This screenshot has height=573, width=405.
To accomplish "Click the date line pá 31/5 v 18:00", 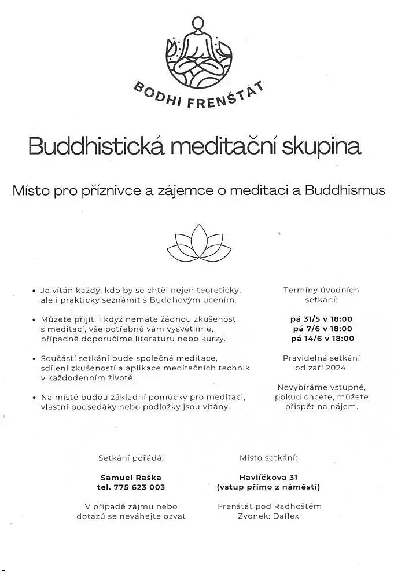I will click(322, 319).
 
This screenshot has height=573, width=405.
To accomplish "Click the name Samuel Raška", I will click(131, 477).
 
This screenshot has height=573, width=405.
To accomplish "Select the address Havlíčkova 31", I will click(268, 477).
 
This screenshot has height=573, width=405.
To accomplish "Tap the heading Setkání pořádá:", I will click(131, 458).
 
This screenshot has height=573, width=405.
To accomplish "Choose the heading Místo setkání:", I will click(268, 458).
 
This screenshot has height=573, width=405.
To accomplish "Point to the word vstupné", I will click(348, 387).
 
